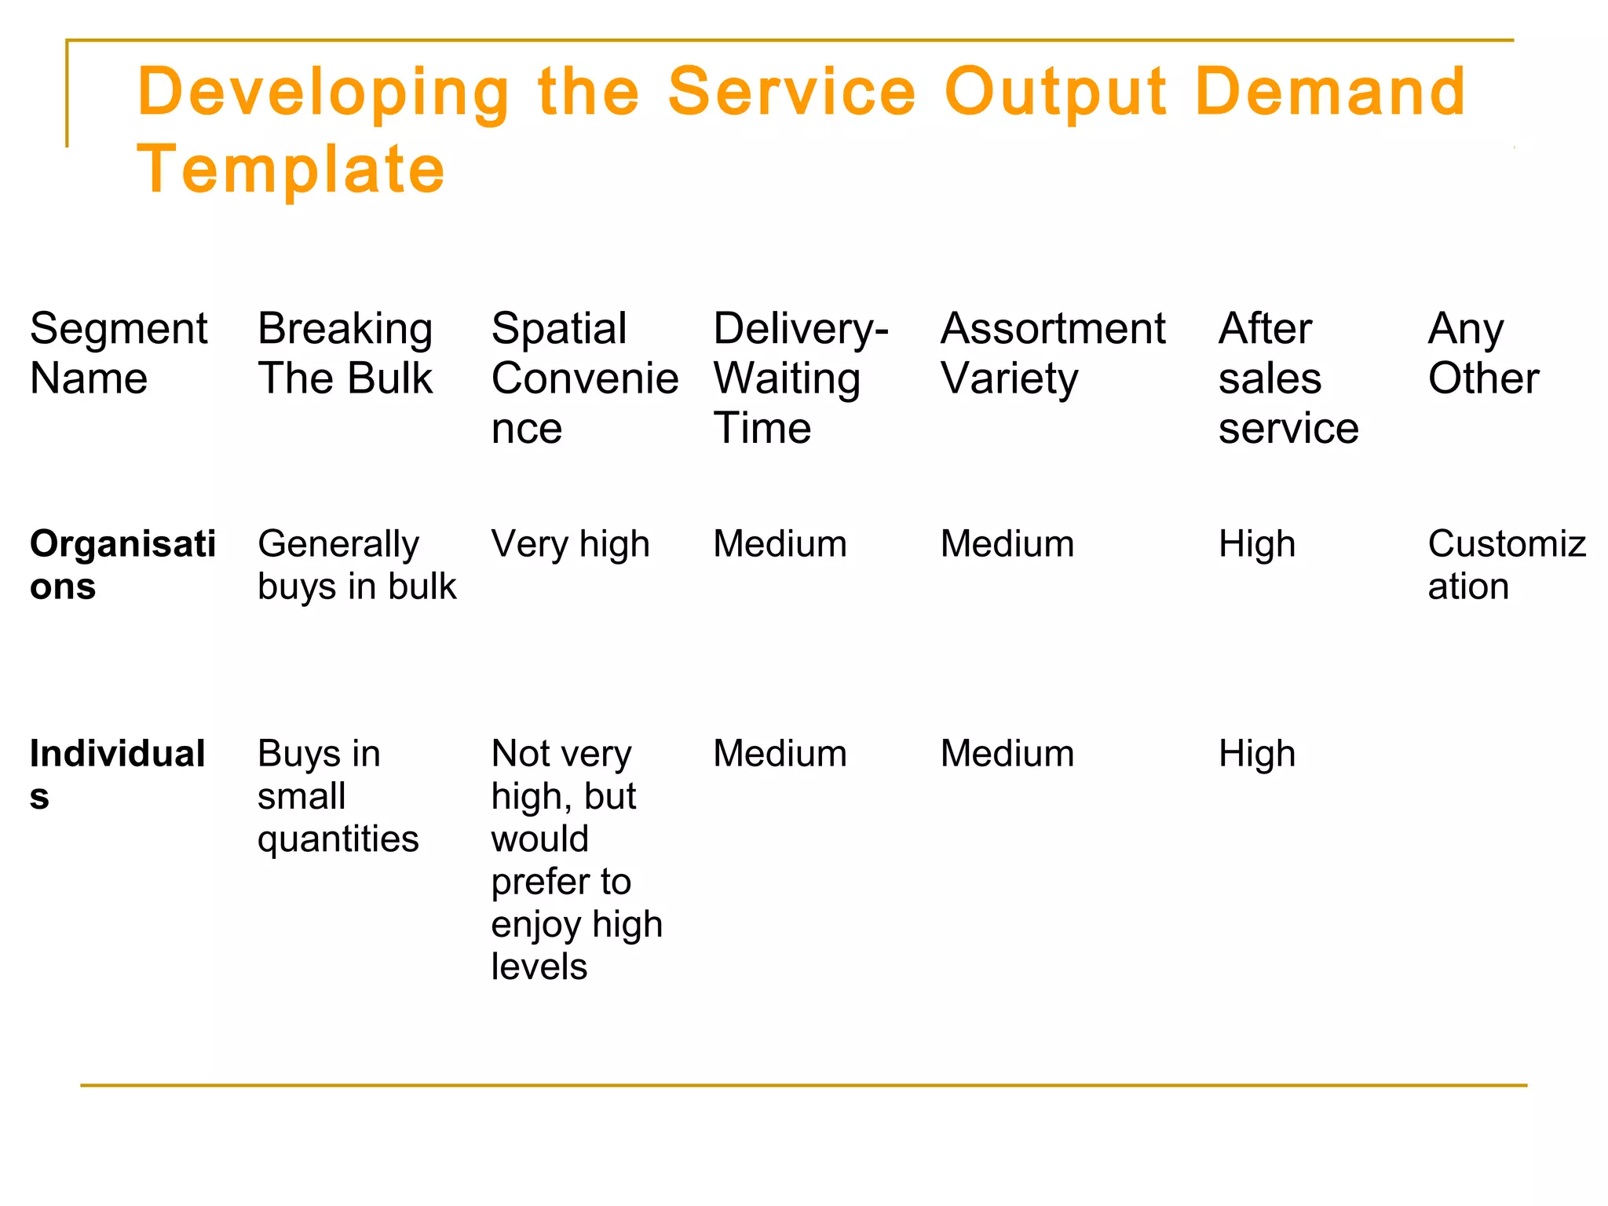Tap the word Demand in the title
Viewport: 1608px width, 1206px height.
(1329, 92)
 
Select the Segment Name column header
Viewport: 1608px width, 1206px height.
(119, 353)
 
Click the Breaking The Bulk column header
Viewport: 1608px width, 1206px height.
(345, 353)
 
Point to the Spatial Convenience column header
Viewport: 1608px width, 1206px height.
(584, 378)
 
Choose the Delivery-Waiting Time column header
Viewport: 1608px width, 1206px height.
(800, 378)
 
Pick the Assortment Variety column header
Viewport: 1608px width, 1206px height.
(1052, 353)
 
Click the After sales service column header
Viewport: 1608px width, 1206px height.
(1288, 378)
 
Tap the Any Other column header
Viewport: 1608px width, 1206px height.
(1482, 353)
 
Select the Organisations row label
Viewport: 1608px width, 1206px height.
(122, 565)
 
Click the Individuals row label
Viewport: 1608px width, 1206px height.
(117, 774)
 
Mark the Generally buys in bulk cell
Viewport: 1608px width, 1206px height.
(356, 565)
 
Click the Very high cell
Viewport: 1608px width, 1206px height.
(570, 544)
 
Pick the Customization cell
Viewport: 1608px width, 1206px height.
(1506, 565)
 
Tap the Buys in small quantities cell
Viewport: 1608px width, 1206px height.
(338, 795)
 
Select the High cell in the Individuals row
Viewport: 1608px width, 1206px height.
(1256, 754)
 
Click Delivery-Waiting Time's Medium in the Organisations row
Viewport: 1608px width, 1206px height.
(780, 544)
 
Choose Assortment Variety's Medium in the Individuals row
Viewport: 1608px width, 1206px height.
(1007, 754)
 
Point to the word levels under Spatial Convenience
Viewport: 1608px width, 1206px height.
(539, 967)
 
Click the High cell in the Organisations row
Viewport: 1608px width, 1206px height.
(1256, 544)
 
